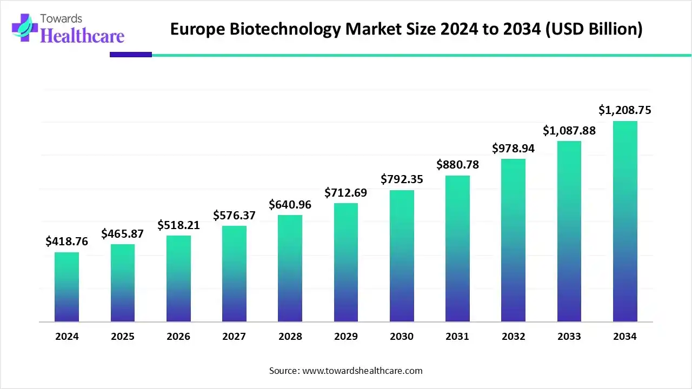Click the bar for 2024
(x=66, y=287)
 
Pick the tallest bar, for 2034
(x=625, y=221)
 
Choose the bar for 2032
(x=513, y=240)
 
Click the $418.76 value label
(x=66, y=241)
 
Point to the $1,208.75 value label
(x=625, y=110)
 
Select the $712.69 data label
(x=346, y=192)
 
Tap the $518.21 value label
(x=178, y=225)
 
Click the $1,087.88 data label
(x=569, y=130)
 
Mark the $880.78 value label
(x=457, y=165)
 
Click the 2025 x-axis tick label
(x=123, y=337)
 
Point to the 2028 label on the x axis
(x=290, y=337)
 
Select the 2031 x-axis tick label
(x=457, y=337)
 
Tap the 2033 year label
(x=569, y=337)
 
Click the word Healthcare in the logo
(x=82, y=35)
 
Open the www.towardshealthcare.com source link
(x=362, y=371)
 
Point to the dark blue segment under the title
(x=131, y=55)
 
